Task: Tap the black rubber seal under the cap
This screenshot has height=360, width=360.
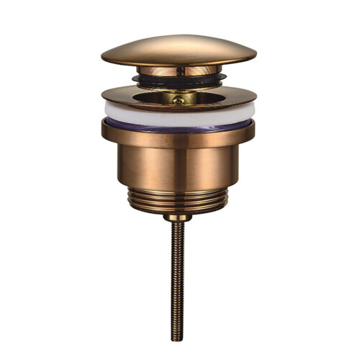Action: tap(179, 78)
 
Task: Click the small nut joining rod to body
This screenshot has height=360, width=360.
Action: tap(177, 216)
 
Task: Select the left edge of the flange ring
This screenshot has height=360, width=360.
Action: tap(103, 95)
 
